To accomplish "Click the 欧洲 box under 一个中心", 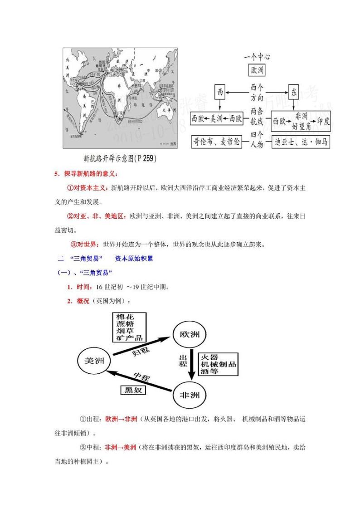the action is tap(257, 70).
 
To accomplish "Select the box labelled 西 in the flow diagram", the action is tap(220, 93).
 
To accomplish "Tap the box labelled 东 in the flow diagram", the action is tap(293, 93).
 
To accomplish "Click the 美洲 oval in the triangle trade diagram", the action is tap(95, 361).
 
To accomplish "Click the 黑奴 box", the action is tap(131, 389).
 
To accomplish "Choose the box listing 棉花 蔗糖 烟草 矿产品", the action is tap(129, 327).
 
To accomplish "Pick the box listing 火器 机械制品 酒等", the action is tap(218, 364).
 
